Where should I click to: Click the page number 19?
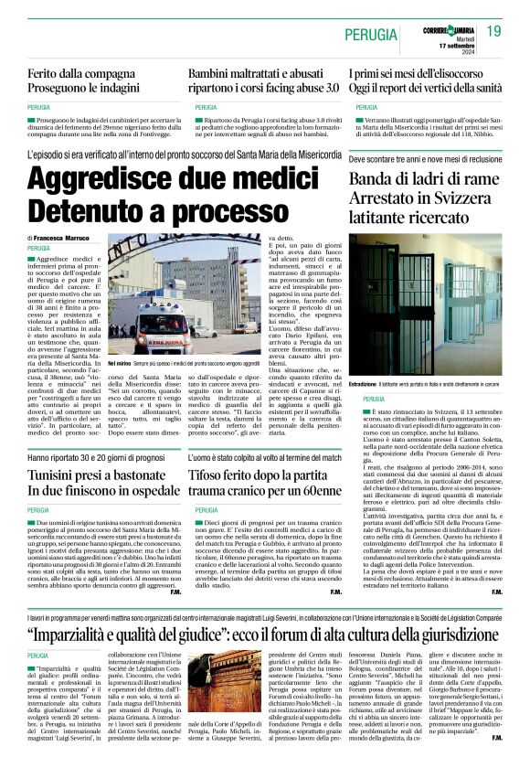pos(494,31)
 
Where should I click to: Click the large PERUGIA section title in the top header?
pos(372,35)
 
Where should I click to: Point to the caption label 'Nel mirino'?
pos(121,363)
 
